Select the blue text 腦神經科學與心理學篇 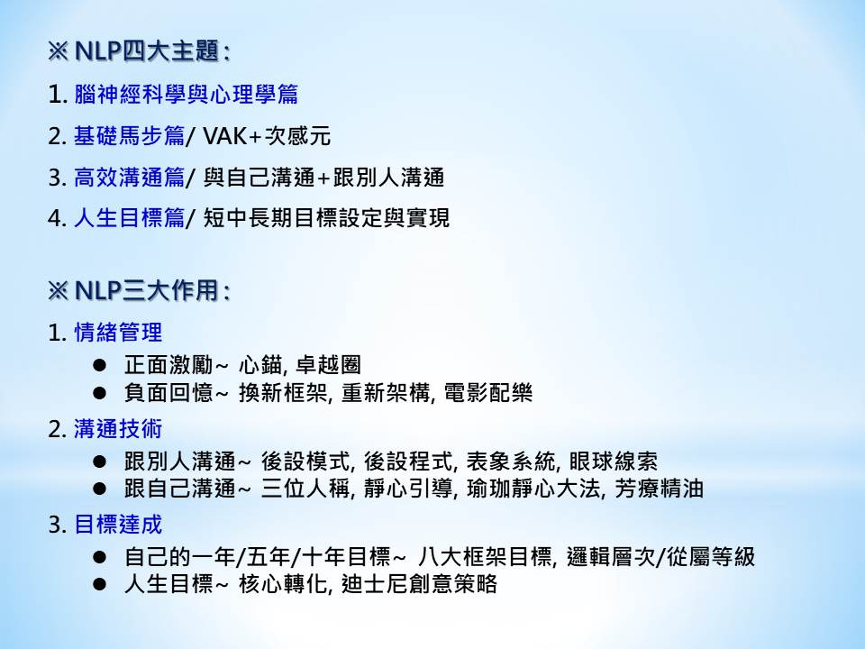186,94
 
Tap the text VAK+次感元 267,136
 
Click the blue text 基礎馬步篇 129,136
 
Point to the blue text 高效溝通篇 129,178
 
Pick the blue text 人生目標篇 129,218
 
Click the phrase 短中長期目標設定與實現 326,218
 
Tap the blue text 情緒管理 118,333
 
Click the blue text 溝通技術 118,429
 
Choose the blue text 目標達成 118,525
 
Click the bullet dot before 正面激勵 100,365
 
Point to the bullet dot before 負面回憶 100,393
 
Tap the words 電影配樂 488,393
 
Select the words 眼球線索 614,461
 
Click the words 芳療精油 660,489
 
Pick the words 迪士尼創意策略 419,584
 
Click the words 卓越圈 328,365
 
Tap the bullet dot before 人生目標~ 100,584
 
